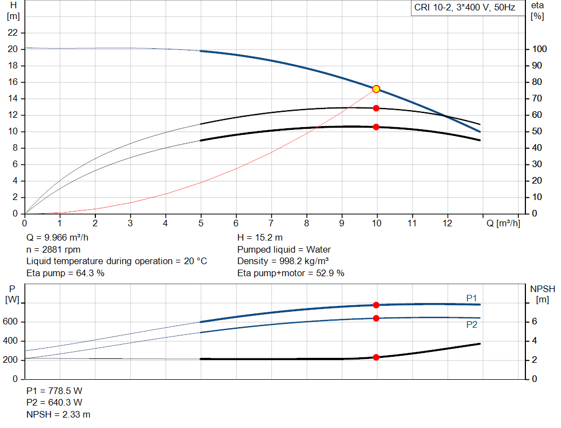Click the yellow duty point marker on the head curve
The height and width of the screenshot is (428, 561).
click(x=376, y=89)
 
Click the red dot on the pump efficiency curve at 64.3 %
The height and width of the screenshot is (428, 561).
click(x=376, y=108)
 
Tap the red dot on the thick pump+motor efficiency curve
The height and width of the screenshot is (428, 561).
click(x=376, y=127)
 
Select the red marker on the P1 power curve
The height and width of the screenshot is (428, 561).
click(x=376, y=305)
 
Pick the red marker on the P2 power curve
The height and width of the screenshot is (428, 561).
click(x=376, y=318)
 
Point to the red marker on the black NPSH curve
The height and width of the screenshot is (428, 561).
click(x=376, y=357)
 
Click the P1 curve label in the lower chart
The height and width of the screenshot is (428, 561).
click(x=471, y=298)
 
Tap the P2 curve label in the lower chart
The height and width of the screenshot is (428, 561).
click(x=471, y=324)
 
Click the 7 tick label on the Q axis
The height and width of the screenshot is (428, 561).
click(x=271, y=223)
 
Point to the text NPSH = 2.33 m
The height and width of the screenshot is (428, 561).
click(x=58, y=414)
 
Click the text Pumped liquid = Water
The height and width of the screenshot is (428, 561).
click(x=284, y=249)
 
